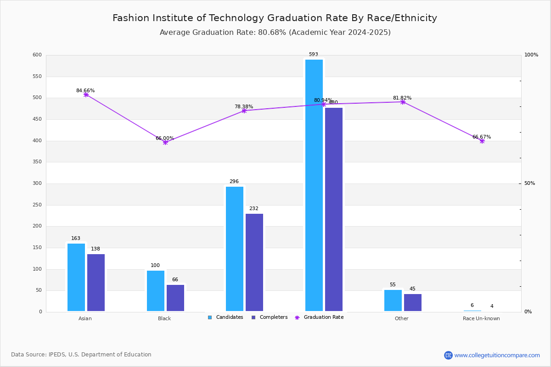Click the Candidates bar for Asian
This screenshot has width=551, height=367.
[76, 277]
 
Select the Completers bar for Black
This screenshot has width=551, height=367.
[175, 298]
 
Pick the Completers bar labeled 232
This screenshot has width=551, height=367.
[254, 262]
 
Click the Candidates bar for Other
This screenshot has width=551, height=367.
[393, 300]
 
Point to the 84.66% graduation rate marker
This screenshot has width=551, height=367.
[86, 95]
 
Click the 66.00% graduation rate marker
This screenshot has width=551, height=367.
[165, 142]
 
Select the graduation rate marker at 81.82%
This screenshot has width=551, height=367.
[403, 102]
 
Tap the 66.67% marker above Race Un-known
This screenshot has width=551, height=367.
[482, 141]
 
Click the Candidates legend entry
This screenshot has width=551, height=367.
[225, 317]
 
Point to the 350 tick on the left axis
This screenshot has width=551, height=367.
[37, 162]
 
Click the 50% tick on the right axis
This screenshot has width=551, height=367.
[529, 183]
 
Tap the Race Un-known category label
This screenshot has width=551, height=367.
[481, 318]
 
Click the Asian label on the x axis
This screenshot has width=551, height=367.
[85, 318]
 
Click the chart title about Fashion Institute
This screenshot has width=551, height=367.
[275, 18]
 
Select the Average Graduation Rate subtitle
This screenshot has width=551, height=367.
[275, 33]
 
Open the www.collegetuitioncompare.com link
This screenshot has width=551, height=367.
[497, 355]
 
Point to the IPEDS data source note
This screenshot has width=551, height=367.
[81, 355]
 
